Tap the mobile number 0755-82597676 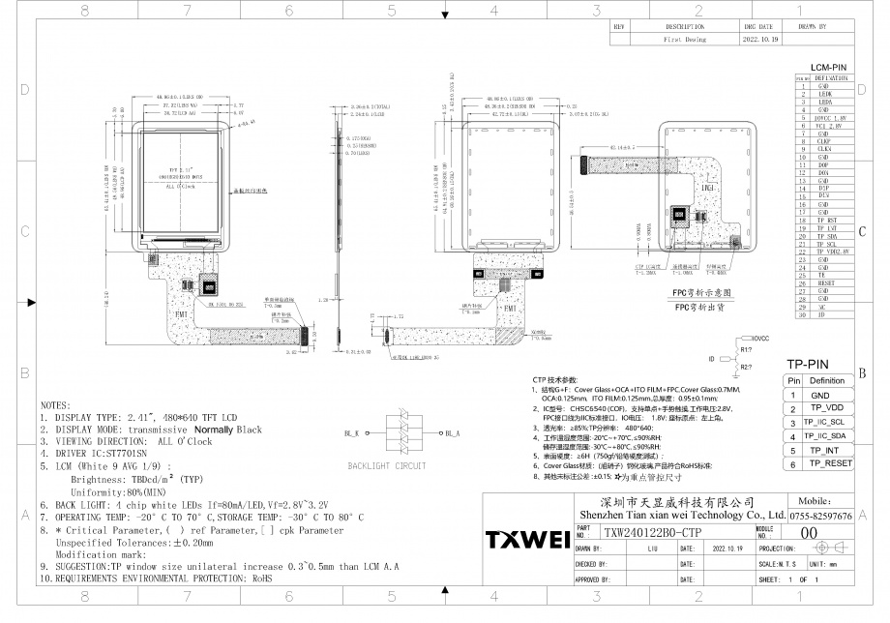point(821,518)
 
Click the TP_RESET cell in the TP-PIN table point(831,464)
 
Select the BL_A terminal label point(451,432)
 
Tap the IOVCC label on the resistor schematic point(760,339)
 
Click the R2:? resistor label point(746,369)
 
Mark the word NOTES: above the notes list point(55,405)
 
